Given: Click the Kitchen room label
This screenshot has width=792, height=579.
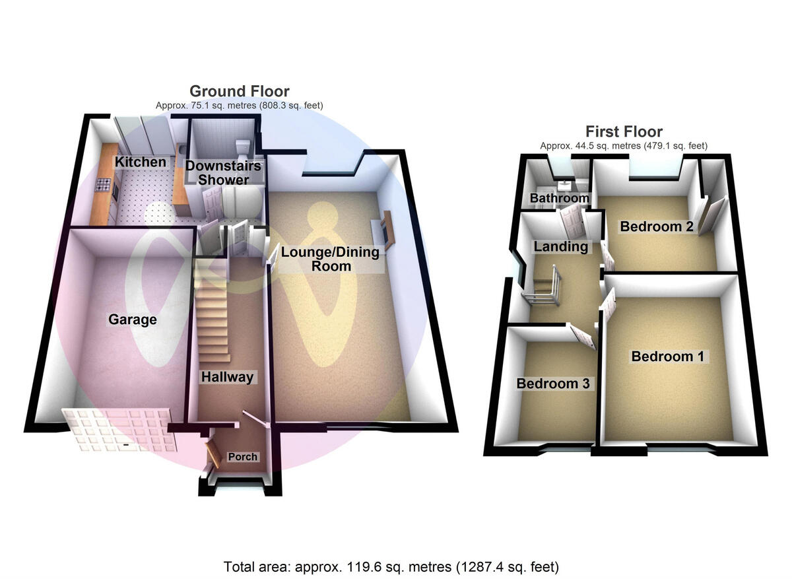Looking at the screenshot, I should pyautogui.click(x=141, y=162).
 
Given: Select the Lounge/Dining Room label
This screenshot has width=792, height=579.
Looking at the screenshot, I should pyautogui.click(x=330, y=259).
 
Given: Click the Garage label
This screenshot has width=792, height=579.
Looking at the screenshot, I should pyautogui.click(x=133, y=320).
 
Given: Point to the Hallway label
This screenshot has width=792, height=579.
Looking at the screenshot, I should pyautogui.click(x=227, y=377).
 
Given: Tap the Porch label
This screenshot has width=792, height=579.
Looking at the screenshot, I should pyautogui.click(x=242, y=457).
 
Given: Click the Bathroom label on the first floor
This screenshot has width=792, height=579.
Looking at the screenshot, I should pyautogui.click(x=559, y=198).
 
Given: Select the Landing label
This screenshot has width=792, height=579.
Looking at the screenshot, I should pyautogui.click(x=560, y=247).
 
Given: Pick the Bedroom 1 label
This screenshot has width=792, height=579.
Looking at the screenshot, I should pyautogui.click(x=667, y=357).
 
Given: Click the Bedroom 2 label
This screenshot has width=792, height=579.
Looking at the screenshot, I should pyautogui.click(x=656, y=226).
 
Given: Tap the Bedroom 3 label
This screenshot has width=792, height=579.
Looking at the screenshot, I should pyautogui.click(x=552, y=383).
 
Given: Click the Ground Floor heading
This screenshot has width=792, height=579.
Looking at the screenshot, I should pyautogui.click(x=239, y=91).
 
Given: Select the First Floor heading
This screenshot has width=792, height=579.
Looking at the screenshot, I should pyautogui.click(x=624, y=131).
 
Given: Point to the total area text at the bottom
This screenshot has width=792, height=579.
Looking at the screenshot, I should pyautogui.click(x=391, y=566).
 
